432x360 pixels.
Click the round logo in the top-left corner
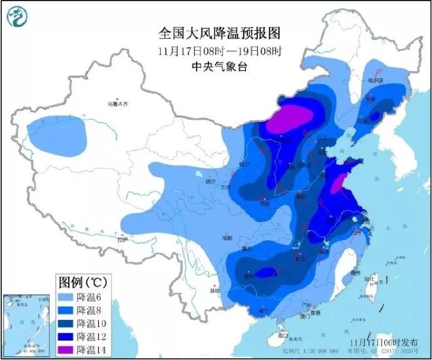click(x=18, y=18)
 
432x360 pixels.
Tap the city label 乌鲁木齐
click(x=117, y=104)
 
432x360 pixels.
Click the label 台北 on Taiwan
click(x=370, y=278)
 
